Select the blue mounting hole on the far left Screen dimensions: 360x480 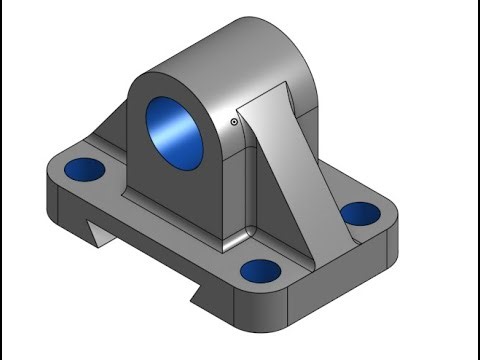click(x=81, y=168)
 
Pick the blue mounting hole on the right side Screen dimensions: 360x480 click(x=359, y=213)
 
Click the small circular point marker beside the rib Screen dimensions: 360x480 click(x=233, y=123)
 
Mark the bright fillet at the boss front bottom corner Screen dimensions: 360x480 click(x=232, y=240)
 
